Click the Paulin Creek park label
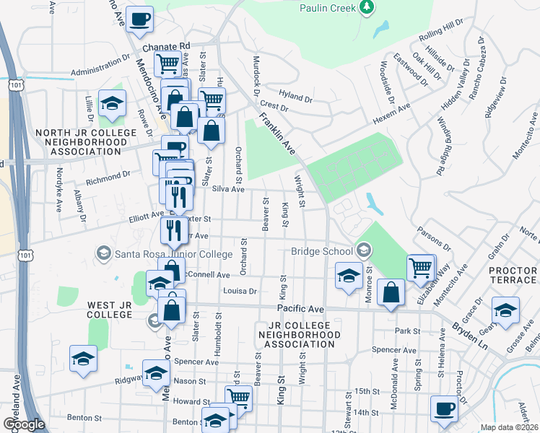pyautogui.click(x=328, y=7)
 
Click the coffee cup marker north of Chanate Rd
pyautogui.click(x=139, y=19)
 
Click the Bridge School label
pyautogui.click(x=321, y=251)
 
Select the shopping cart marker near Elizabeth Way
pyautogui.click(x=420, y=268)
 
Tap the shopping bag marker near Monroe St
pyautogui.click(x=391, y=293)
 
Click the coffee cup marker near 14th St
pyautogui.click(x=444, y=408)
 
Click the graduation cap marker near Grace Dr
pyautogui.click(x=505, y=310)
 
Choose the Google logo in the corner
pyautogui.click(x=23, y=424)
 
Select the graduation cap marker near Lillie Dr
pyautogui.click(x=112, y=104)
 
